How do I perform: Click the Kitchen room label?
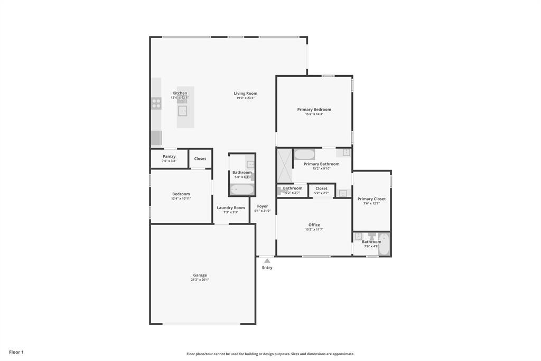click(x=180, y=93)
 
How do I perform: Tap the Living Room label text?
click(x=246, y=94)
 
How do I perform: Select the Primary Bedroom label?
click(x=314, y=110)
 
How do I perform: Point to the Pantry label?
click(x=169, y=157)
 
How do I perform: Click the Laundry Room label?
click(x=231, y=208)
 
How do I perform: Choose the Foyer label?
click(x=263, y=206)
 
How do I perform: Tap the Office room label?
click(x=314, y=225)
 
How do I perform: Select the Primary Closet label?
click(x=371, y=199)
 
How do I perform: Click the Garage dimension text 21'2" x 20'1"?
click(x=200, y=279)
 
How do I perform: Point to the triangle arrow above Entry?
click(x=267, y=260)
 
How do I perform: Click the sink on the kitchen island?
click(x=182, y=111)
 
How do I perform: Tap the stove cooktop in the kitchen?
click(x=156, y=103)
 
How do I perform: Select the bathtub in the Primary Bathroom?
click(x=304, y=155)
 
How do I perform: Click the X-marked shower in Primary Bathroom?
click(x=285, y=166)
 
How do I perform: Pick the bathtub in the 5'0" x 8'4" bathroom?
click(x=242, y=189)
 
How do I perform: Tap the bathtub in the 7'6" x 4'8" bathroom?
click(x=384, y=245)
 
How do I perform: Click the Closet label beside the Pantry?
click(x=200, y=159)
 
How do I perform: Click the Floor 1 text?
click(x=16, y=352)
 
